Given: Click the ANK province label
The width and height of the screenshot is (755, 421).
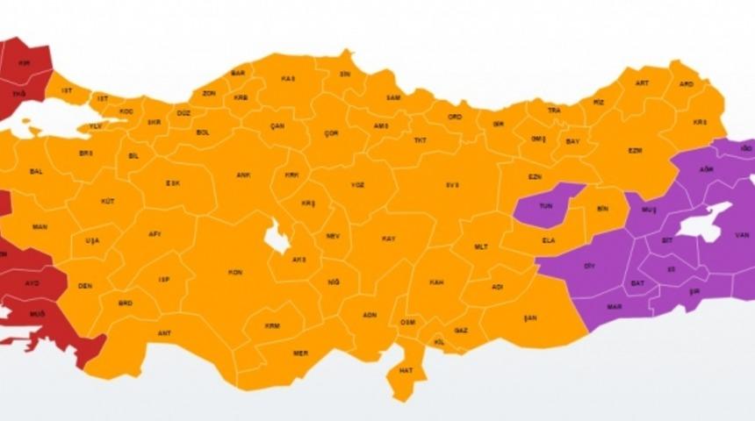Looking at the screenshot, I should tap(243, 175).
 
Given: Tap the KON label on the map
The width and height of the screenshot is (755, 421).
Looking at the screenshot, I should tap(235, 273).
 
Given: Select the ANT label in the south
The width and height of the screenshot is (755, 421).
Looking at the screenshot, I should tap(164, 333).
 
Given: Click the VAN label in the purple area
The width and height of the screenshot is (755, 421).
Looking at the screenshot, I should tap(741, 234).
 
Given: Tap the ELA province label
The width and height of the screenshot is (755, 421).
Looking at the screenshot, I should tap(549, 239).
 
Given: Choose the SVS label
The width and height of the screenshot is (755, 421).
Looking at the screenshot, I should tap(452, 185).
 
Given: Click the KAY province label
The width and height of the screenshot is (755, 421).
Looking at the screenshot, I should tap(388, 239).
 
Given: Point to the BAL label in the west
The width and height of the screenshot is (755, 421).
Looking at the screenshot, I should tap(36, 171).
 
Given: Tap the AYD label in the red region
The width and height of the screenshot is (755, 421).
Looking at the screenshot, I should tap(33, 284).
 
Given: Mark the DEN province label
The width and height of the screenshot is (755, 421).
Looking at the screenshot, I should tap(85, 286).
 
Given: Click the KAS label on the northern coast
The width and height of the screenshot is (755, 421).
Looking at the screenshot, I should tap(287, 78).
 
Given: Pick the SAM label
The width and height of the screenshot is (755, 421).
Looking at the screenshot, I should tap(393, 96).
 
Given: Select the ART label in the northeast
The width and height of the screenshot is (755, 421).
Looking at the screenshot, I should tap(642, 83).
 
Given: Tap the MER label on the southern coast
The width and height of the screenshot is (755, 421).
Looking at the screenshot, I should tap(300, 353).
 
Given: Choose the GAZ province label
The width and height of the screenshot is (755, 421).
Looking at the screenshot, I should tap(461, 331).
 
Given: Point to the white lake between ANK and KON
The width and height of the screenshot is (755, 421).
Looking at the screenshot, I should tap(278, 238).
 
